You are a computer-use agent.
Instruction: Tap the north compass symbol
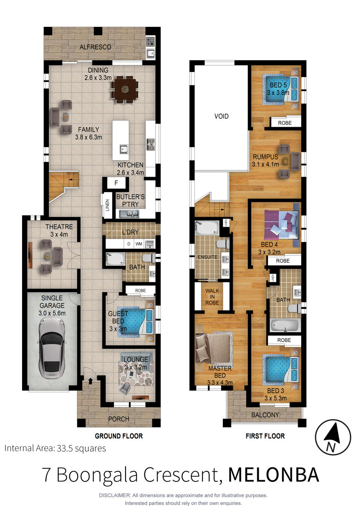coord(333,437)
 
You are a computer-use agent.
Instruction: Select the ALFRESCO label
coord(95,47)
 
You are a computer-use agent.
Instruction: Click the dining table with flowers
coord(124,90)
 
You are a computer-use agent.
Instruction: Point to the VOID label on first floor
coord(221,116)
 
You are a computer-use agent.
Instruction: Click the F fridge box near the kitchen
coord(116,183)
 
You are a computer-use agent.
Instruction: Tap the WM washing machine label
coord(139,244)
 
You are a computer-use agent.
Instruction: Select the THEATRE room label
coord(59,227)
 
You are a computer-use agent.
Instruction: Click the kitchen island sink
coord(124,149)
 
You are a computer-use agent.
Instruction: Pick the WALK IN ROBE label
coord(212,297)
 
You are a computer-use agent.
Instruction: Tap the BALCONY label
coord(265,415)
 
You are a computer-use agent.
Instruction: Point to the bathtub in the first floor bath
coord(285,325)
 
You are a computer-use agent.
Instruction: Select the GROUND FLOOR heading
coord(119,436)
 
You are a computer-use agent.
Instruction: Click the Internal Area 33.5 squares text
coord(55,448)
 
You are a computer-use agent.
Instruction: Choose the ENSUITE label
coord(208,257)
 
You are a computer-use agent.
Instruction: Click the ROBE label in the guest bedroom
coord(140,290)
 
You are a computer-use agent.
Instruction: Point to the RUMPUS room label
coord(266,157)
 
